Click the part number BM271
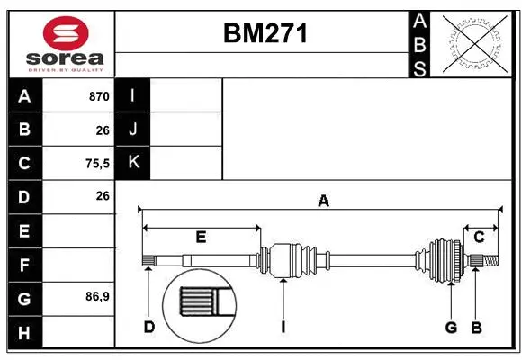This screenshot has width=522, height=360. (265, 33)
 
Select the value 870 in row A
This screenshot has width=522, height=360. (98, 96)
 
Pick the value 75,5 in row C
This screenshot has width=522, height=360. (94, 163)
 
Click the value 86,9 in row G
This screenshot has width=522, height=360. (94, 296)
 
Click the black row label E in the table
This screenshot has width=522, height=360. (24, 230)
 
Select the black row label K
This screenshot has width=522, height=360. (133, 163)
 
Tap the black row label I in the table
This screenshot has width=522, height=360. (133, 96)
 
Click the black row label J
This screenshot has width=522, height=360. (133, 130)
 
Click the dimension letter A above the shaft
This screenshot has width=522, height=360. (322, 202)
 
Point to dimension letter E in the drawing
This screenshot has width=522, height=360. (201, 238)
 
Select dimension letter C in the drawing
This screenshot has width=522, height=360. (479, 238)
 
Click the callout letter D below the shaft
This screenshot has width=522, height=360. (148, 326)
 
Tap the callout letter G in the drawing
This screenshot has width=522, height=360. (451, 326)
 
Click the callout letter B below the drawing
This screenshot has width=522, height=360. (476, 326)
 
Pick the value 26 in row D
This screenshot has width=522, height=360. (102, 196)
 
